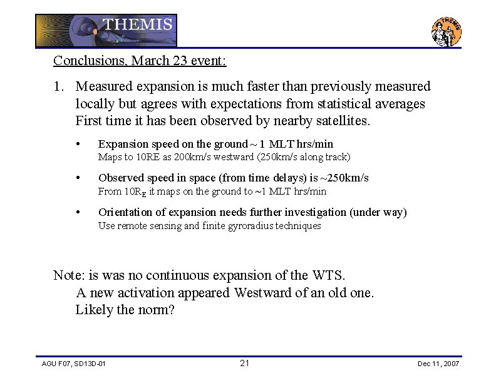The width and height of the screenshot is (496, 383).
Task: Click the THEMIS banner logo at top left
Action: point(106,31)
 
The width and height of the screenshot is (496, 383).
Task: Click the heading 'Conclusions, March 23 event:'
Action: point(140,61)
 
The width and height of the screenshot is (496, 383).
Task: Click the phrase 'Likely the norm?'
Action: point(125,309)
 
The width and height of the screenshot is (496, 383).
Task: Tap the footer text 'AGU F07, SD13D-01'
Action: point(73,364)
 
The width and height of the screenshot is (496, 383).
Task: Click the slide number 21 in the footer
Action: point(245,363)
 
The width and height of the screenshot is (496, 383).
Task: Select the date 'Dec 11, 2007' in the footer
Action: point(438,364)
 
